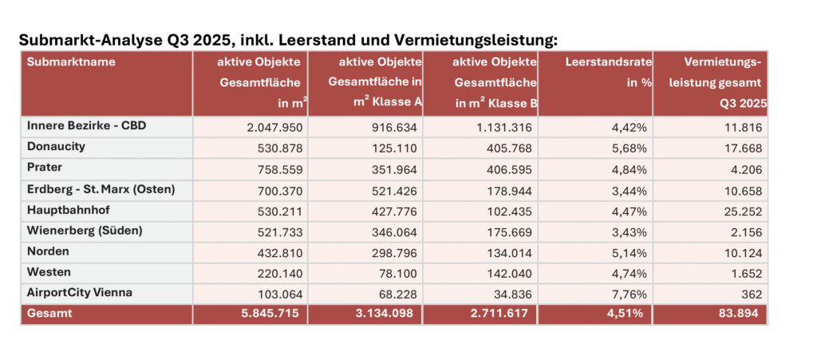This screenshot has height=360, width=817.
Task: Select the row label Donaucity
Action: click(55, 147)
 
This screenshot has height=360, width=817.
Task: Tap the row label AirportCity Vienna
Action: click(78, 293)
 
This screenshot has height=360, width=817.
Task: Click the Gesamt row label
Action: click(49, 314)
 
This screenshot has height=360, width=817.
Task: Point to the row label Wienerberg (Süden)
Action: click(84, 231)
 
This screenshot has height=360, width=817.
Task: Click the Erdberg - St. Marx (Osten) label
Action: click(100, 189)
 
